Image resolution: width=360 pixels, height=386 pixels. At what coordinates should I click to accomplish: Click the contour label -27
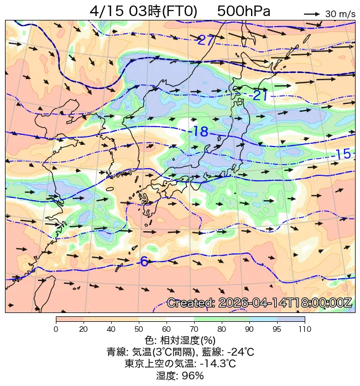[206, 40]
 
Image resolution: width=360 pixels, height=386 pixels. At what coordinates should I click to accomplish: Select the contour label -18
[199, 132]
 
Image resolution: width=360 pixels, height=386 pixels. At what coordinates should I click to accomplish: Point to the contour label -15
[342, 154]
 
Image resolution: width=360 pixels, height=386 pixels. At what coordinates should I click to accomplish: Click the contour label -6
[144, 262]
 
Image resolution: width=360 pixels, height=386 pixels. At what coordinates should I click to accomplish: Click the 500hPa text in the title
[243, 11]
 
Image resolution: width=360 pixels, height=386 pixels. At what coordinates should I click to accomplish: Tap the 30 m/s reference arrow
[312, 13]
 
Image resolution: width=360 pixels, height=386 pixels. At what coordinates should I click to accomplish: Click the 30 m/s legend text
[340, 14]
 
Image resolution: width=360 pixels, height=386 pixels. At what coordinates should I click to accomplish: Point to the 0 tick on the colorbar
[56, 330]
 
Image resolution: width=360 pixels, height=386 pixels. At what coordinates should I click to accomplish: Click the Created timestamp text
[259, 303]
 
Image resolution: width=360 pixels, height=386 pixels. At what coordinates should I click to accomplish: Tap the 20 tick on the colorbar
[84, 330]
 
